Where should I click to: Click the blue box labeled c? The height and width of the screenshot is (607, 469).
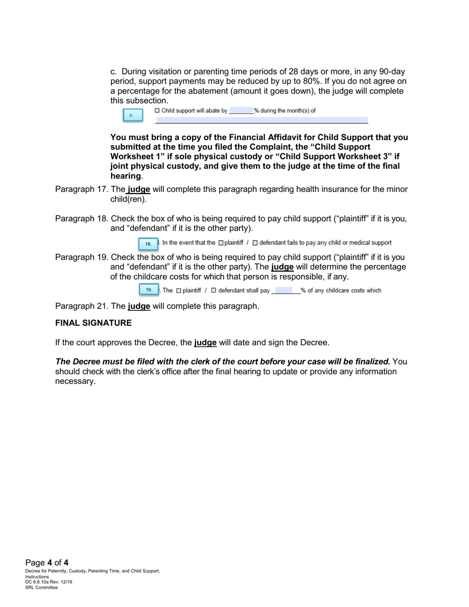pos(133,115)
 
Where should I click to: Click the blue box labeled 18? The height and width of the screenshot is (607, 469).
pos(148,244)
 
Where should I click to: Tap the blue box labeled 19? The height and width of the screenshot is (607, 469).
pos(149,290)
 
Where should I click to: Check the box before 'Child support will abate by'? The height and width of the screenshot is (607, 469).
pos(157,111)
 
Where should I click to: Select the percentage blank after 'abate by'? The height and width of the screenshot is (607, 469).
pos(241,111)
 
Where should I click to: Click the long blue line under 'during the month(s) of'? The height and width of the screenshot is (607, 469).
pos(262,120)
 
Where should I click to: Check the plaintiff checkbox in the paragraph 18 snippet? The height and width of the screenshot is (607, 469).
pos(221,243)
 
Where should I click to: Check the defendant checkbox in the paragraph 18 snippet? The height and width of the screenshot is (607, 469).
pos(255,243)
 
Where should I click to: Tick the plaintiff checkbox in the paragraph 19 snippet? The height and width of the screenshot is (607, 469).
pos(179,290)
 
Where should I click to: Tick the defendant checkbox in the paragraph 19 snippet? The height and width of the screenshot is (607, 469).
pos(214,290)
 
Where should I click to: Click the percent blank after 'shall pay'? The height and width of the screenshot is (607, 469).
pos(286,290)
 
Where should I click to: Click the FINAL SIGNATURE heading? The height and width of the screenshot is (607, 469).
pos(93,323)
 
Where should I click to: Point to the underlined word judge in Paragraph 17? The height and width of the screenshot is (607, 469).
pos(139,190)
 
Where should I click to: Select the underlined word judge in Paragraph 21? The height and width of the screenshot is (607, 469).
pos(139,306)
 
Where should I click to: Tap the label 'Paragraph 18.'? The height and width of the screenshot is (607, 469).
pos(81,219)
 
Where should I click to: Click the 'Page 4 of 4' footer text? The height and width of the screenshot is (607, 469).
pos(47,563)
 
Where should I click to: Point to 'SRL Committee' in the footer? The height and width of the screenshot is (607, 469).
pos(41,587)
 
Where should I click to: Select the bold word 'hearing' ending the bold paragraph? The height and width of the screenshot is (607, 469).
pos(125,176)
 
